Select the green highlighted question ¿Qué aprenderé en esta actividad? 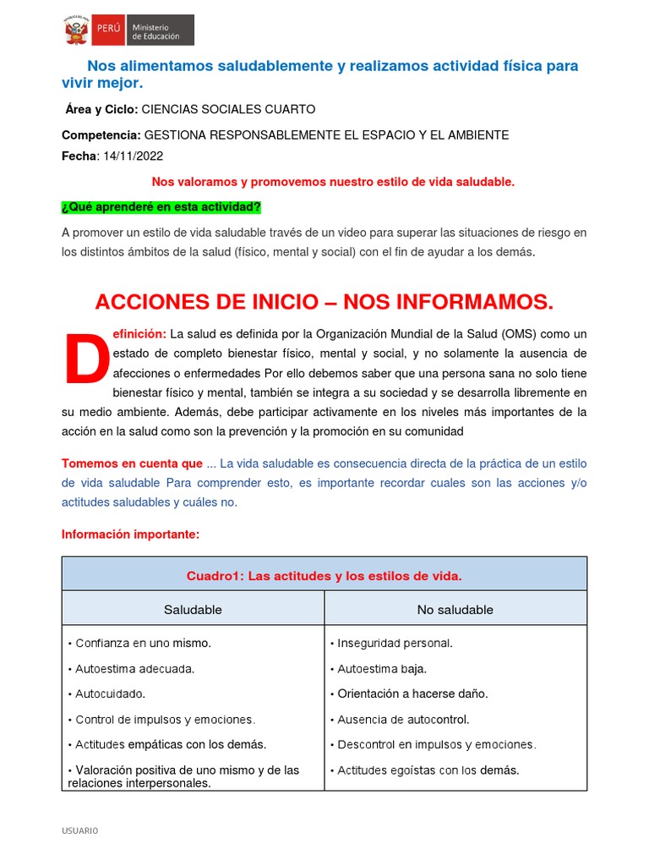[x=161, y=207]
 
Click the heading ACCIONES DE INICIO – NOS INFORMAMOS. [x=324, y=302]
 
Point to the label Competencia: [x=101, y=135]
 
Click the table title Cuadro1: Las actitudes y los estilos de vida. [x=324, y=576]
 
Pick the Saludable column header [x=193, y=609]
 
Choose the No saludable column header [x=455, y=609]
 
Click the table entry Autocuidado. [x=111, y=693]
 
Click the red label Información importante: [x=130, y=534]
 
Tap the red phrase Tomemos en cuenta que [x=133, y=463]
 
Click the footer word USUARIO [x=80, y=830]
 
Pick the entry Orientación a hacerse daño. [x=412, y=693]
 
